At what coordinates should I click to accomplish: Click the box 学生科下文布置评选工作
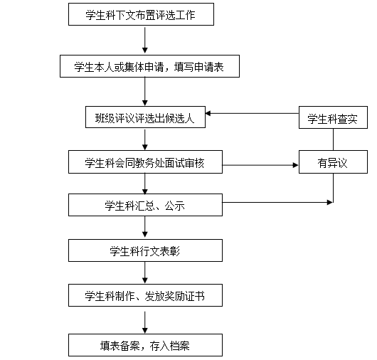[x=141, y=14]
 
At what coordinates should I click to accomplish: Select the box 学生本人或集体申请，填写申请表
[x=149, y=66]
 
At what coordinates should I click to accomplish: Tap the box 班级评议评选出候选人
[x=145, y=117]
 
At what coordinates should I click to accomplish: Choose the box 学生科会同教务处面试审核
[x=145, y=162]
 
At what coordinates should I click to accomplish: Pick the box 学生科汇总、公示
[x=145, y=205]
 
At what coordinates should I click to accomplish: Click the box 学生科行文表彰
[x=145, y=250]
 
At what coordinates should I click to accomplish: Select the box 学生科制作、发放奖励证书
[x=145, y=295]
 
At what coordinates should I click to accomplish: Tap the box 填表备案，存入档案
[x=145, y=345]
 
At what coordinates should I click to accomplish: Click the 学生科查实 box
[x=333, y=117]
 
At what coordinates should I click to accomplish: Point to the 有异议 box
[x=333, y=162]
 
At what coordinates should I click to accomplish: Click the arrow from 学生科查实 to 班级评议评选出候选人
[x=253, y=113]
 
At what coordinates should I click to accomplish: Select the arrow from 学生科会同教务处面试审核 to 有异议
[x=260, y=165]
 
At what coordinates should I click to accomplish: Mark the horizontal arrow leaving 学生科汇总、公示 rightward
[x=277, y=202]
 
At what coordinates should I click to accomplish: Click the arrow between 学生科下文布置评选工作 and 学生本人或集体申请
[x=144, y=40]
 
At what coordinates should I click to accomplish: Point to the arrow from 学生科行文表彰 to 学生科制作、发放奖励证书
[x=144, y=272]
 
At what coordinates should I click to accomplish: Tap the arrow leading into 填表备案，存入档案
[x=144, y=322]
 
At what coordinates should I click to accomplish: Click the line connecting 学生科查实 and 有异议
[x=333, y=139]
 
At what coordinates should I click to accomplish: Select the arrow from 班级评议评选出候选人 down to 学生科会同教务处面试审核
[x=144, y=139]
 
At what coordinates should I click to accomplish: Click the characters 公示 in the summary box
[x=174, y=206]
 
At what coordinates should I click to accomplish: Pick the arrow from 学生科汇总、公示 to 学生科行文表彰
[x=144, y=227]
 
